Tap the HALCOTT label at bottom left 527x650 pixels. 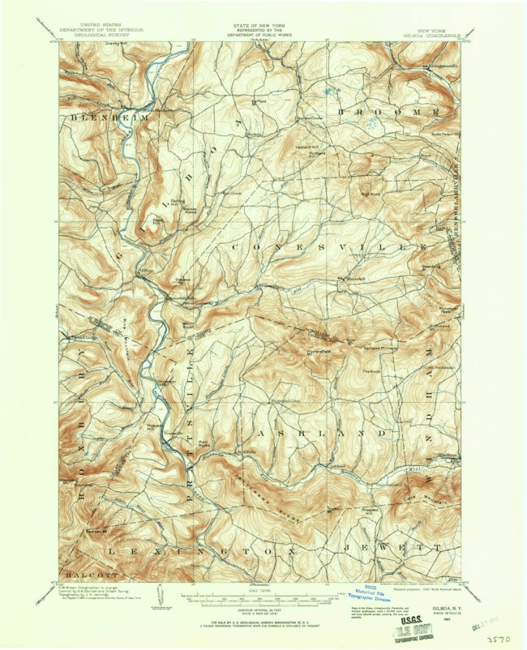click(79, 564)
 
